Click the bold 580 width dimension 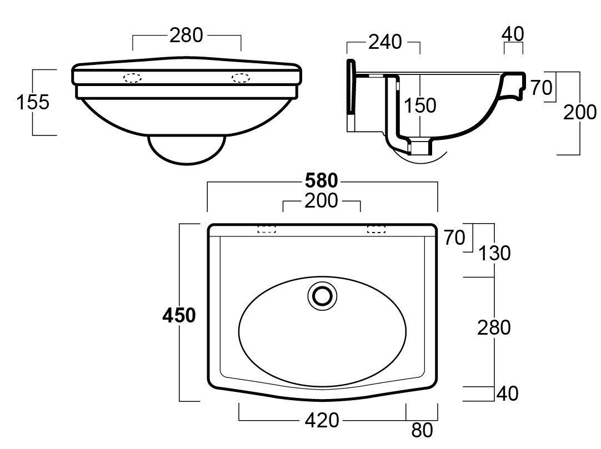(322, 181)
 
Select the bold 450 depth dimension (179, 315)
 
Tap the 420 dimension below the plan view (322, 420)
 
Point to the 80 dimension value (422, 430)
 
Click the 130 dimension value (494, 253)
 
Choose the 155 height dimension (33, 102)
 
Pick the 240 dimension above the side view (385, 42)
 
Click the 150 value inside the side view (420, 105)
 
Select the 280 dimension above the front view (186, 36)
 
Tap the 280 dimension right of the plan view (494, 327)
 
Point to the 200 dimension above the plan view (321, 201)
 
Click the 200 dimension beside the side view (580, 113)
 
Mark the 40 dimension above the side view (513, 34)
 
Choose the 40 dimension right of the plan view (506, 393)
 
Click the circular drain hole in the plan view (322, 295)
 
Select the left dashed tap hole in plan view (267, 229)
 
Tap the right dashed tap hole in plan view (376, 229)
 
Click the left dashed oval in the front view (133, 78)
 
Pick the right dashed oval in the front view (241, 78)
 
